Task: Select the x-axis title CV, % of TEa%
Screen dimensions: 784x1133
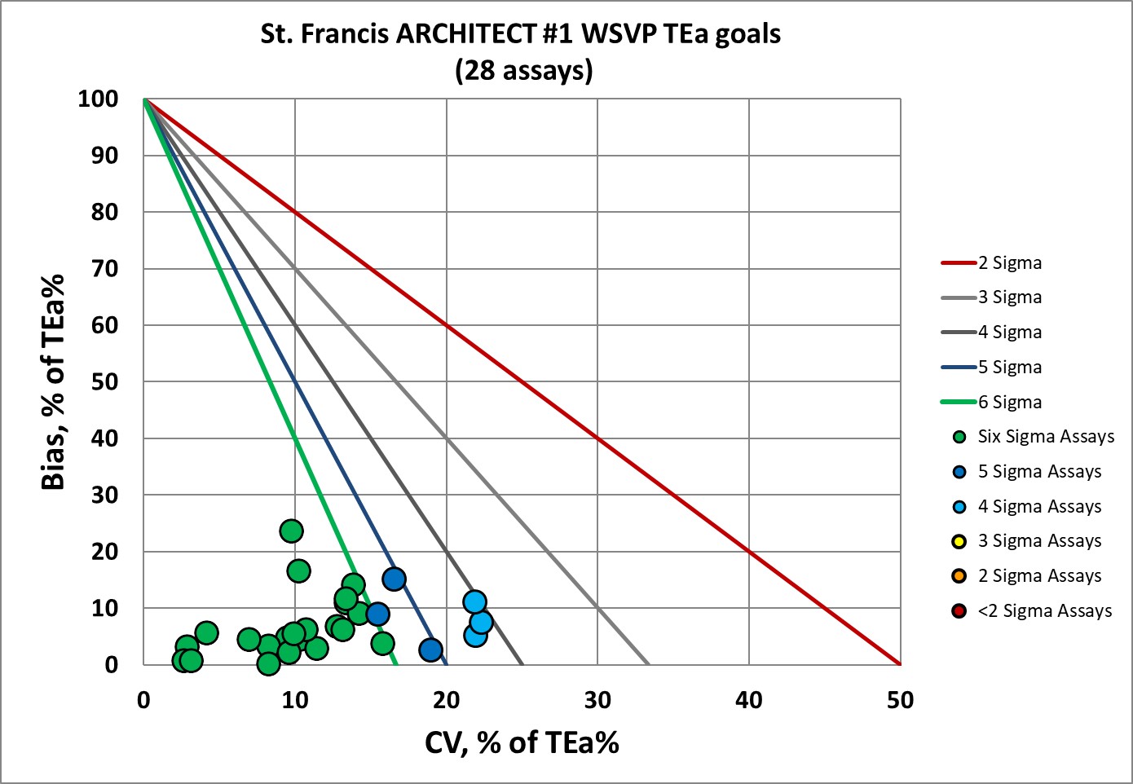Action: [522, 742]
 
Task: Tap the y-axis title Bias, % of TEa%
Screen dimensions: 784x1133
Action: [53, 381]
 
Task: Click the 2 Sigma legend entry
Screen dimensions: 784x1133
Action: [1009, 263]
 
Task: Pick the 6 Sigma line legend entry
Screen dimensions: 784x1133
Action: [1009, 402]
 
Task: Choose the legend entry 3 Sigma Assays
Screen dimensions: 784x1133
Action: [1038, 541]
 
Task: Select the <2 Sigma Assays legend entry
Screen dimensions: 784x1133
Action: [1044, 611]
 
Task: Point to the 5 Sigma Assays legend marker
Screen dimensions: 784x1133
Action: [960, 472]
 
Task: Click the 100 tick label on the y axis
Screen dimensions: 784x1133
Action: [99, 99]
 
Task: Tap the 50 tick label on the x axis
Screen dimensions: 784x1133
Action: [900, 700]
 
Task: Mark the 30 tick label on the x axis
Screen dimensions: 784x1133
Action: [597, 700]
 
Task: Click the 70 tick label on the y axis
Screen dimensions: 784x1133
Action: [104, 269]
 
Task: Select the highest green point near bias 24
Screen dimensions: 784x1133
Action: [291, 531]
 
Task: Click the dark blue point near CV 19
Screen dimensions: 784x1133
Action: [430, 650]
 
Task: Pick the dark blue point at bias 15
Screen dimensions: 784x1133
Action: [394, 579]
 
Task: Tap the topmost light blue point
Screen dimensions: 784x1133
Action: [474, 602]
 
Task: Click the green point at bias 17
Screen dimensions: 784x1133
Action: [298, 570]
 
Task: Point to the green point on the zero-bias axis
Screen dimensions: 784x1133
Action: [268, 663]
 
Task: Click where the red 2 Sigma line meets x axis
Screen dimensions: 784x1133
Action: [900, 664]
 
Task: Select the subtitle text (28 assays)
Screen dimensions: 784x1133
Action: [524, 70]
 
